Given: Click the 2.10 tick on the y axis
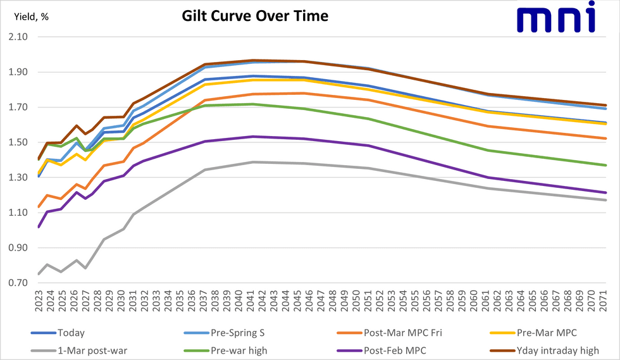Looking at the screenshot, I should pyautogui.click(x=18, y=37).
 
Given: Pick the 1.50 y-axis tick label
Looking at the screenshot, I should pyautogui.click(x=18, y=142).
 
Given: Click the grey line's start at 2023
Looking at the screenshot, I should pyautogui.click(x=39, y=274).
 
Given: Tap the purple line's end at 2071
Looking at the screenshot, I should pyautogui.click(x=605, y=192).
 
